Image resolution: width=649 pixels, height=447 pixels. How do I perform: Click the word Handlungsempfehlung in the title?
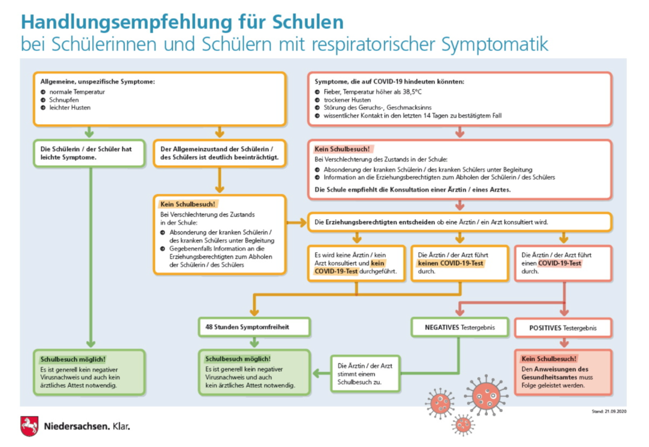126,22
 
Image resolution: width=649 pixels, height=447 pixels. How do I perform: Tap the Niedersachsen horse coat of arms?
30,426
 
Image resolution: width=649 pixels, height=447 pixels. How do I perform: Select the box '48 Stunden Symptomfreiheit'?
254,327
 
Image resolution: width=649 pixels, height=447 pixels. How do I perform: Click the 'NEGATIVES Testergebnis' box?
459,327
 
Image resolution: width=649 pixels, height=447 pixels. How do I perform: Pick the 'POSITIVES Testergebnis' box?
563,328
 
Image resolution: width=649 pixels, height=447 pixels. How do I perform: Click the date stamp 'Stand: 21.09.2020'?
609,411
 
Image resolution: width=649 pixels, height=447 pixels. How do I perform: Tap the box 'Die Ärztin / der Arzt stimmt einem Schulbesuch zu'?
365,374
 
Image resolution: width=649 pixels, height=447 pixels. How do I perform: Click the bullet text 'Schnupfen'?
64,100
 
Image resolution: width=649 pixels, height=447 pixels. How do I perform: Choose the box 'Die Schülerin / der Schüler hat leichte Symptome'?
89,153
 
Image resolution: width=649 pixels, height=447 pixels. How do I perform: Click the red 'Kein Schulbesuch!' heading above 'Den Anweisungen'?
548,358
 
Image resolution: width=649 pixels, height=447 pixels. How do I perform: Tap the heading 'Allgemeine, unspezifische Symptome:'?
98,82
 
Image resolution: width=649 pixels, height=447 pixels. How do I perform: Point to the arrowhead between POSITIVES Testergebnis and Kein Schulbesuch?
564,343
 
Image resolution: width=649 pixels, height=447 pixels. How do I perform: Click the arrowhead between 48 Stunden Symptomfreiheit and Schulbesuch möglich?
254,343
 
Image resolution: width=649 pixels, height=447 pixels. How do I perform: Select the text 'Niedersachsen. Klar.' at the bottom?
87,426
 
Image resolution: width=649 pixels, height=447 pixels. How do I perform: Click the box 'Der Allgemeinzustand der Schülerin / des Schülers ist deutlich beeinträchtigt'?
219,153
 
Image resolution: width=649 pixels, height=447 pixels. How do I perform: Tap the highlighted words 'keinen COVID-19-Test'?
450,263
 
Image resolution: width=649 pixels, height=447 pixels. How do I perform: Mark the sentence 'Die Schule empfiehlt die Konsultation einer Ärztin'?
413,190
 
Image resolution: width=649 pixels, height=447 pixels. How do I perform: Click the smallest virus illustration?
463,424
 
